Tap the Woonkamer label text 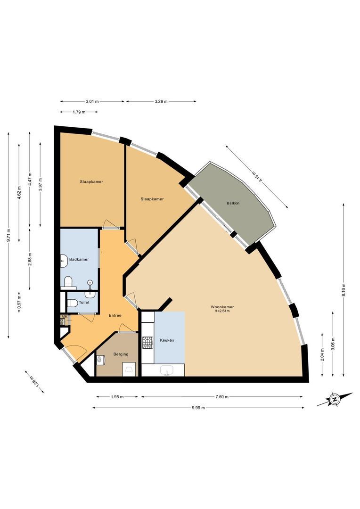(x=223, y=307)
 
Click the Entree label (x=115, y=315)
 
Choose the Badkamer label (x=79, y=260)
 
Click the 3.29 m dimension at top (x=160, y=101)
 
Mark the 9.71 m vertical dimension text (x=8, y=236)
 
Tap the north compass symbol (x=335, y=400)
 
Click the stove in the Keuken (x=148, y=343)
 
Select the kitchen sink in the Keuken (x=166, y=371)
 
